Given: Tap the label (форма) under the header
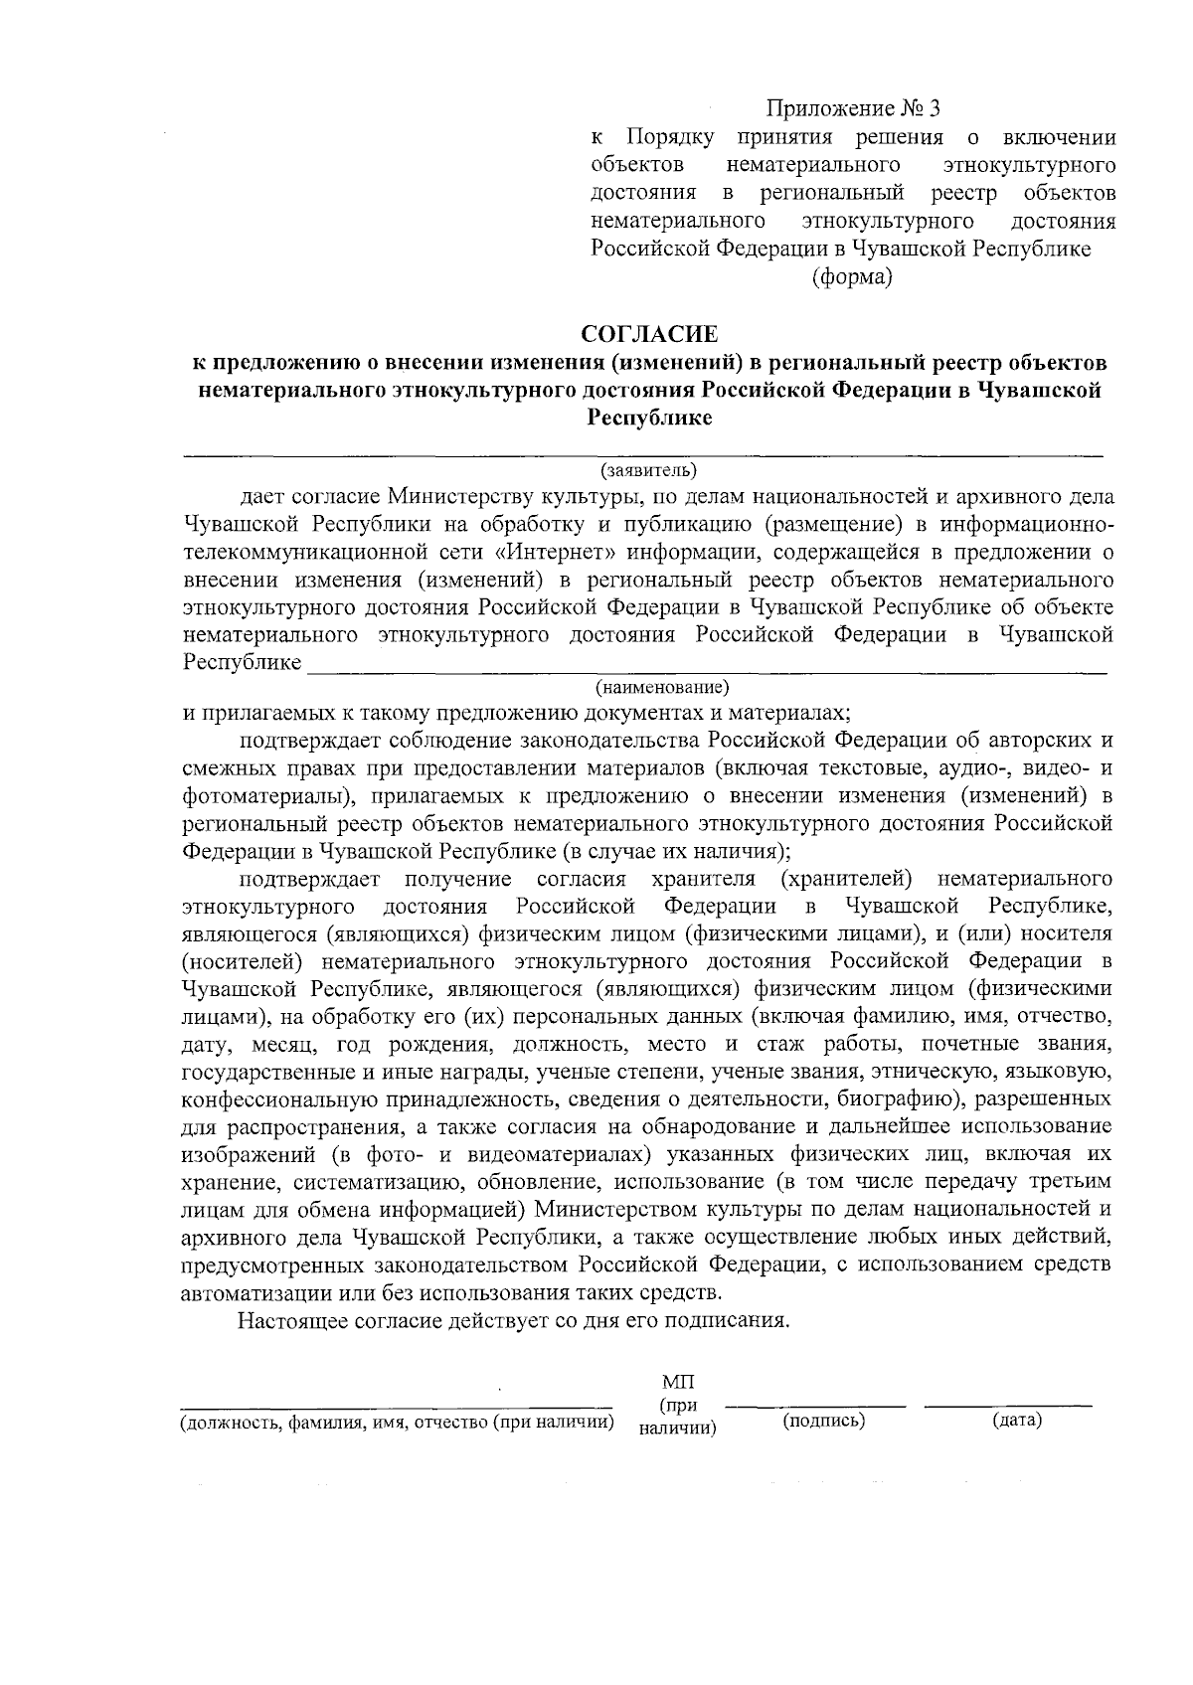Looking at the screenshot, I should (852, 277).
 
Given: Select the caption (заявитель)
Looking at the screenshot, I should (648, 469).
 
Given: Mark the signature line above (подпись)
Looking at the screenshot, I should (815, 1406).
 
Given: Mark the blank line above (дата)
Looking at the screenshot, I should (1008, 1406).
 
